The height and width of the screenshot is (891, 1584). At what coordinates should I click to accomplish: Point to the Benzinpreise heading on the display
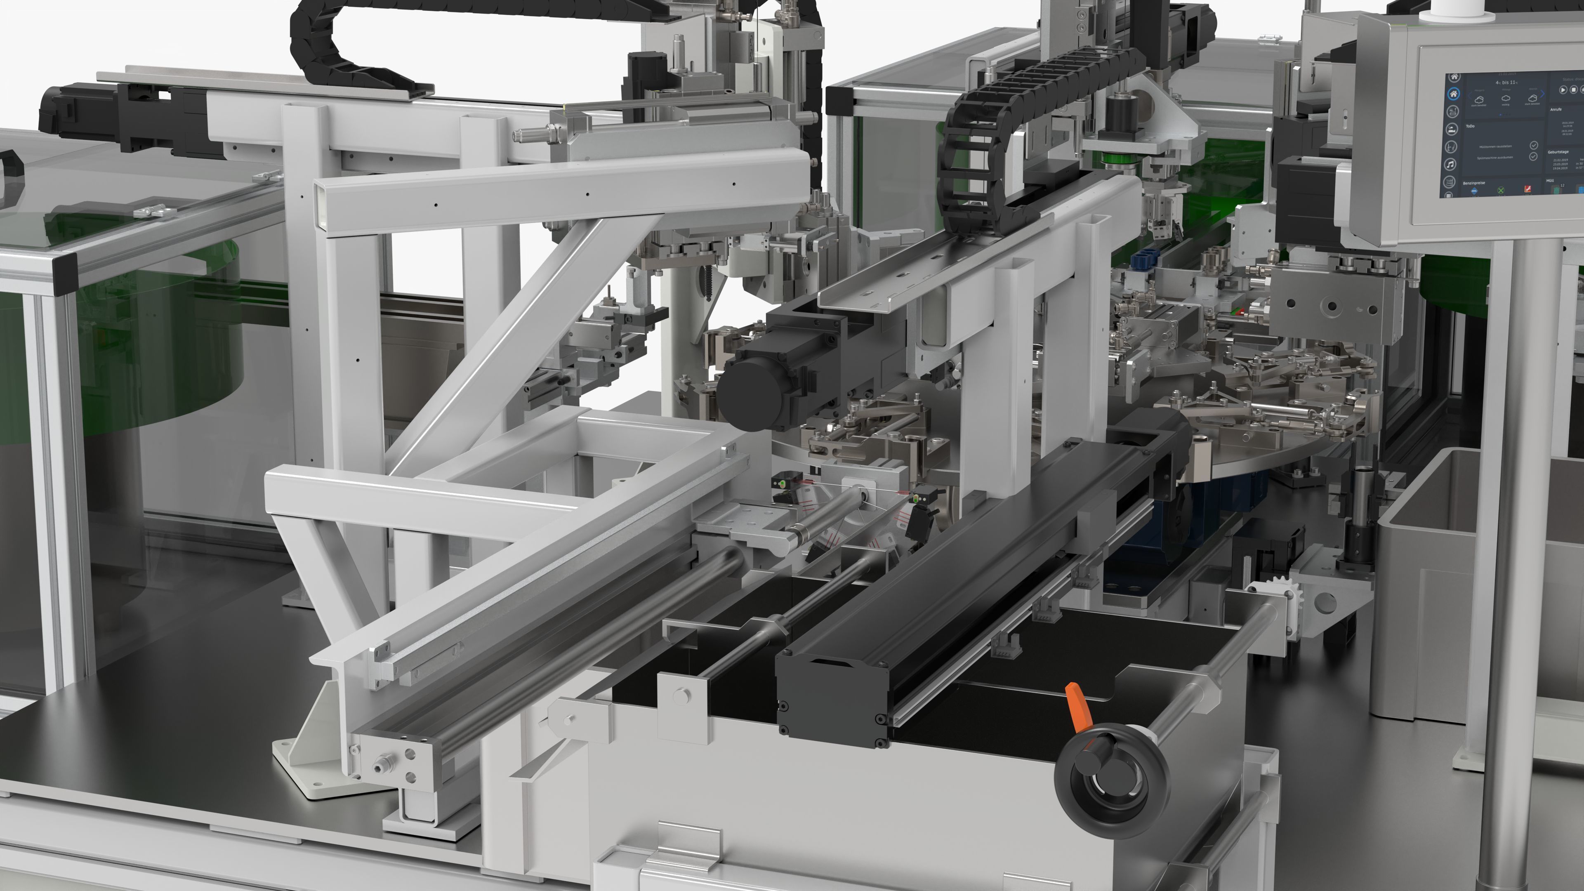coord(1474,183)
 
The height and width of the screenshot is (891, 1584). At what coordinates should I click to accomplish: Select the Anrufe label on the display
coord(1556,109)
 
